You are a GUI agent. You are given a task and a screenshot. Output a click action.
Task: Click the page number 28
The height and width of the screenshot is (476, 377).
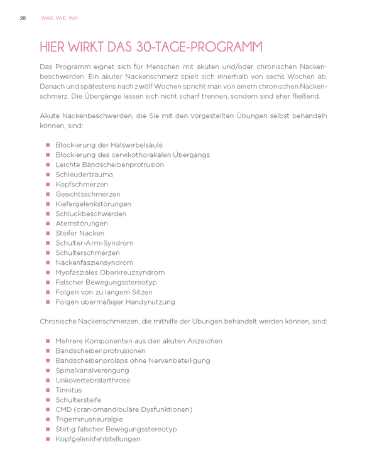tap(23, 18)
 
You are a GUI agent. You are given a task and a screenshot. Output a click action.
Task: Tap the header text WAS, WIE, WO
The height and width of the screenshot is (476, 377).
tap(60, 18)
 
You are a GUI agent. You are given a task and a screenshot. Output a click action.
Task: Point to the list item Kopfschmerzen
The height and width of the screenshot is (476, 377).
tap(82, 185)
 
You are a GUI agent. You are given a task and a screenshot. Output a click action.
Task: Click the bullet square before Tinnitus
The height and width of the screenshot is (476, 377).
tap(48, 390)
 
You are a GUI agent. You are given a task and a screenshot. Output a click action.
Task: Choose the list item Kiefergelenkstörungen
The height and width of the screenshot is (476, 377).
tap(94, 204)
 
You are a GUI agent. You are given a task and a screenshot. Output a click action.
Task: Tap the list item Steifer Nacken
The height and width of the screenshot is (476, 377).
tap(80, 233)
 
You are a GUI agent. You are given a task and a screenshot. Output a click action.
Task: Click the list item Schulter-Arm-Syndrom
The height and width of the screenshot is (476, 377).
tap(94, 243)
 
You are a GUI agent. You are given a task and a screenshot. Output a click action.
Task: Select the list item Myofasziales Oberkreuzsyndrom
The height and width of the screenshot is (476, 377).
tap(110, 273)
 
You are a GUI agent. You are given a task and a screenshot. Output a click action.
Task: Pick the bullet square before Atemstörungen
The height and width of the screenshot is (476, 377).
tap(48, 224)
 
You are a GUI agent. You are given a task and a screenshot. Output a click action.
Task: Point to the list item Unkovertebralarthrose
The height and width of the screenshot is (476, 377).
tap(93, 381)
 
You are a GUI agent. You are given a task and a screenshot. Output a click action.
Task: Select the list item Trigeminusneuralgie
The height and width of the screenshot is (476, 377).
tap(89, 419)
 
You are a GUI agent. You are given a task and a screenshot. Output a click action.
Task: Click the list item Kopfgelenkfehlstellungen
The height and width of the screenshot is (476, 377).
tap(98, 439)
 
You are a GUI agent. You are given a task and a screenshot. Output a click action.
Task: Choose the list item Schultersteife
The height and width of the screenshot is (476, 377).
tap(79, 400)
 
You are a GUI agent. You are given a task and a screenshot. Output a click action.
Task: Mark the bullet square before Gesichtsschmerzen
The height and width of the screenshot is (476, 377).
tap(48, 195)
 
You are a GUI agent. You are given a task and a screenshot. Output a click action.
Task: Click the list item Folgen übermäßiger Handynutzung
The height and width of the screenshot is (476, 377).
tap(115, 302)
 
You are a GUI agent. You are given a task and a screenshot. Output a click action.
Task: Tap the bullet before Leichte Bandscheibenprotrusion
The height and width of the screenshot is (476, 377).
tap(48, 165)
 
